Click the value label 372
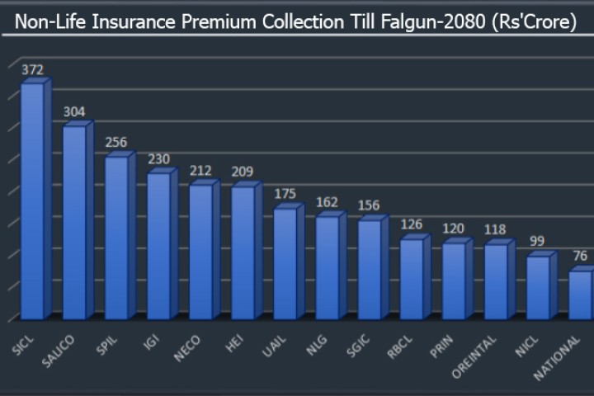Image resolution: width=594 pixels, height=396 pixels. point(33,70)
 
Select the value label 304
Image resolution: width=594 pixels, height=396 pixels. point(74,112)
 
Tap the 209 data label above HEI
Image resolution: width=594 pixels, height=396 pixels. point(243,172)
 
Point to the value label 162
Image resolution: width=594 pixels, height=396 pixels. point(328,201)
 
